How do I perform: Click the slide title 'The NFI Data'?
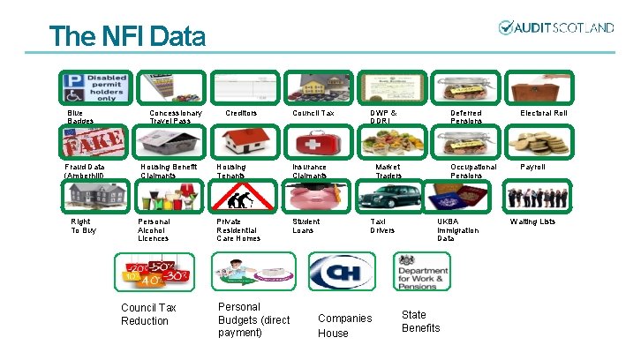[x=127, y=36]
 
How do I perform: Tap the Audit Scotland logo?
[x=555, y=27]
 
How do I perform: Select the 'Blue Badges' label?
[x=79, y=116]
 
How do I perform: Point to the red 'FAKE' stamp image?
[x=94, y=142]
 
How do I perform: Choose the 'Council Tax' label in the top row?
[x=313, y=113]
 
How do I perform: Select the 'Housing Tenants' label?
[x=231, y=170]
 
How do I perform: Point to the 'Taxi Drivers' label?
[x=382, y=225]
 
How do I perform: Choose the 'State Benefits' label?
[x=420, y=321]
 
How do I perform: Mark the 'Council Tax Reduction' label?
[x=148, y=314]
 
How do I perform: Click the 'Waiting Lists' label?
[x=532, y=221]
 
